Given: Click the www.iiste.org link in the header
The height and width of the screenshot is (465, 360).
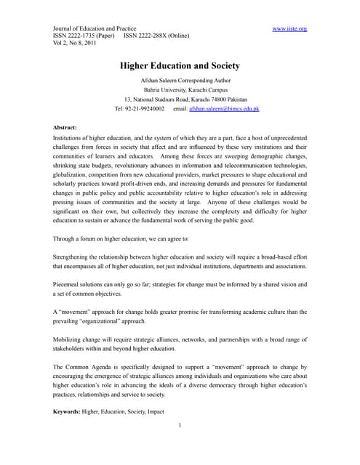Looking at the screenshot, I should point(289,28).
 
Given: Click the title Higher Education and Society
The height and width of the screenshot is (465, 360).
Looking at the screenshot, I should point(180,65).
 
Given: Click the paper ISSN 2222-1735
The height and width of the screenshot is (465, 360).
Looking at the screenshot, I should point(84,36).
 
